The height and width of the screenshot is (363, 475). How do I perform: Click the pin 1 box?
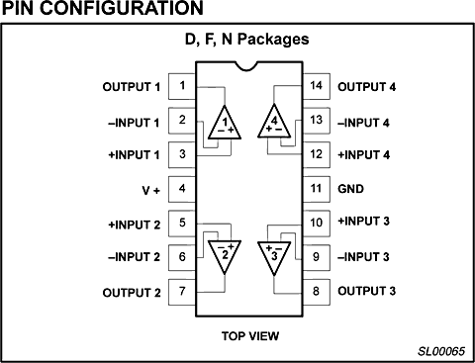(181, 85)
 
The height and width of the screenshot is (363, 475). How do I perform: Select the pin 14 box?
(317, 85)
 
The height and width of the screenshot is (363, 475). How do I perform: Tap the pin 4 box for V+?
(181, 188)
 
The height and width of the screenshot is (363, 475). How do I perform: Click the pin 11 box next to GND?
(317, 188)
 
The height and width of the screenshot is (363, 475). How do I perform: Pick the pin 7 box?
(181, 292)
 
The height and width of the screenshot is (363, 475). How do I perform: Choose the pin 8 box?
(317, 292)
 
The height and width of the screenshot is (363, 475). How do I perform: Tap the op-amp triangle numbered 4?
(274, 124)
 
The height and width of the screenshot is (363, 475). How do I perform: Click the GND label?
(351, 188)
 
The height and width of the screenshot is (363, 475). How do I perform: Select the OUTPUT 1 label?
(131, 86)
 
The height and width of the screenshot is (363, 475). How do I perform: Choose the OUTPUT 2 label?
(131, 292)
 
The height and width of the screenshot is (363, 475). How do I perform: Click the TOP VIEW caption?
(249, 335)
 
